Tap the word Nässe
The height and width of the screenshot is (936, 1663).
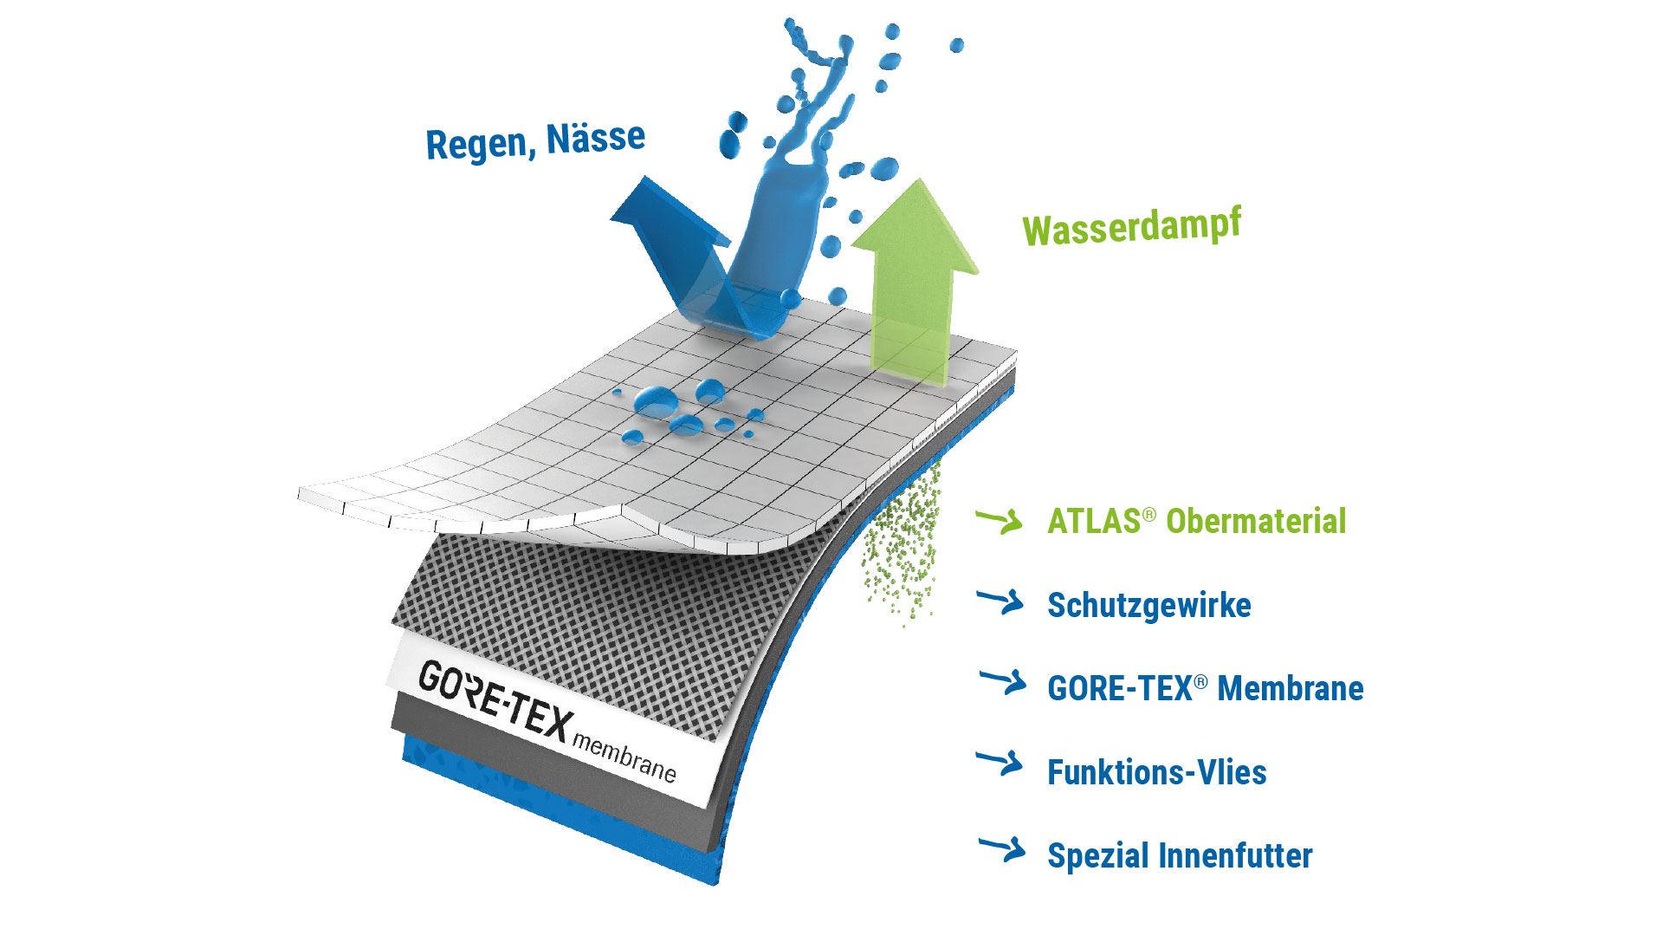(x=595, y=139)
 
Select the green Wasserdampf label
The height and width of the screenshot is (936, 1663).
(x=1131, y=227)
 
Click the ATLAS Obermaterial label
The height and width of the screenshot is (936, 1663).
(x=1196, y=521)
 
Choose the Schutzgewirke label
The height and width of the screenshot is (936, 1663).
(x=1149, y=605)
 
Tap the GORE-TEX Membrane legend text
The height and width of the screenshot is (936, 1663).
(x=1205, y=688)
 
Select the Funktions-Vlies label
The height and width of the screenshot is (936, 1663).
(x=1156, y=772)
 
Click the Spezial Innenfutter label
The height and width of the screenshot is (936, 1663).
(x=1180, y=855)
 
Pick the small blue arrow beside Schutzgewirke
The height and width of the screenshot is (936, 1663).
(x=1001, y=601)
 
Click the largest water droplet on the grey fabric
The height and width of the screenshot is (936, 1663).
(x=656, y=400)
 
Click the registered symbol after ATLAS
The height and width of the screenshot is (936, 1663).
(x=1149, y=514)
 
